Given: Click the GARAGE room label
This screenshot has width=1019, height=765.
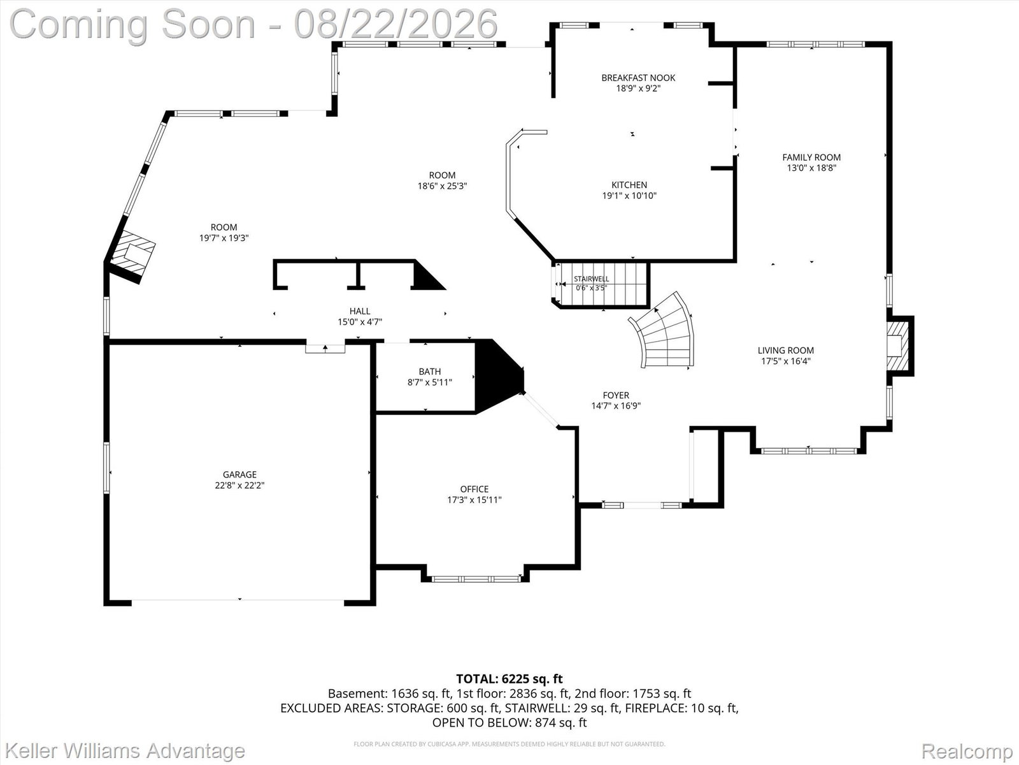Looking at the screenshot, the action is coord(239,474).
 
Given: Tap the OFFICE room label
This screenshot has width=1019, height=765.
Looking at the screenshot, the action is coord(474,489).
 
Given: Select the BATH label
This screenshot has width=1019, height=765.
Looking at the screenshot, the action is coord(429,372).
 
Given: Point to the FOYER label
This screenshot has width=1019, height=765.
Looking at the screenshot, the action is coord(616,395).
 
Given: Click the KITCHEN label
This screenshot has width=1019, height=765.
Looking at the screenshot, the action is coord(629,185).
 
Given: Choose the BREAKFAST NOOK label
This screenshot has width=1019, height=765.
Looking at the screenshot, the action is coord(638,78).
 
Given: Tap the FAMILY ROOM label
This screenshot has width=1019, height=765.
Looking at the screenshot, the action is coord(811,157).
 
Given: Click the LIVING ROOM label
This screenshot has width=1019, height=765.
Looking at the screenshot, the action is coord(785,351).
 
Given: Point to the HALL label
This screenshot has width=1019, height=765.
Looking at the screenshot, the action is coord(360,311).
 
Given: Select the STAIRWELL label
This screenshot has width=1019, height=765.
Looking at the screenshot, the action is coord(592,279).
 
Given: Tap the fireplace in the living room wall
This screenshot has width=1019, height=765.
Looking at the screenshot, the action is coord(900,346).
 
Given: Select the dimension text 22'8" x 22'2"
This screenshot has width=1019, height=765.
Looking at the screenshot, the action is coord(239,485).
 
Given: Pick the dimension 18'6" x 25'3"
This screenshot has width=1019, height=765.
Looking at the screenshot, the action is coord(442,186).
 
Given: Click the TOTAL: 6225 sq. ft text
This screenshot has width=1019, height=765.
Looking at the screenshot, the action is coord(509,679).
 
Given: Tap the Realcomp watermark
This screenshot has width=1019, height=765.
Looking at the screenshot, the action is coord(967,751).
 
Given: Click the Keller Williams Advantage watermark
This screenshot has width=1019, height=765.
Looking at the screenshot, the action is coord(125,750).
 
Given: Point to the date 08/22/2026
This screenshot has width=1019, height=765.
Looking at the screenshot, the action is coord(395,24).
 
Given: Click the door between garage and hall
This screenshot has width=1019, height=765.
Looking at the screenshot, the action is coord(325,347).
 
